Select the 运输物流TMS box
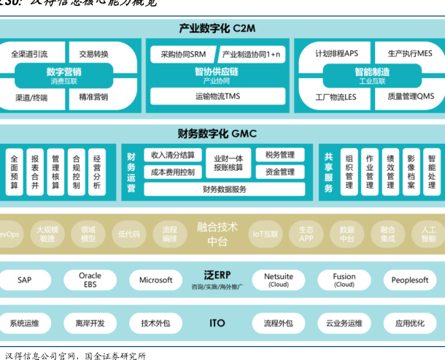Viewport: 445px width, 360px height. (217, 96)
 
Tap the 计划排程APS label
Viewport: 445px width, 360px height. (336, 54)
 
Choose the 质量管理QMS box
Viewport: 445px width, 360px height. (410, 96)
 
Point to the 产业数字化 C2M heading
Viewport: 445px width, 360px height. (217, 28)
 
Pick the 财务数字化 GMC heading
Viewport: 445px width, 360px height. (217, 134)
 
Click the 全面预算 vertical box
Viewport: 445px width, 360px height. (14, 172)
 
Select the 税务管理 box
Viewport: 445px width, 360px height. (280, 155)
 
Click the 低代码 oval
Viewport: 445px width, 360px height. (128, 234)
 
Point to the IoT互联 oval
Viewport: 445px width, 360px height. (266, 234)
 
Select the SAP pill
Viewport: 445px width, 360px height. (25, 280)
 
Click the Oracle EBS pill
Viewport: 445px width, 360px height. (90, 280)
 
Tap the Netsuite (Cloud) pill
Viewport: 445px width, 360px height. (279, 280)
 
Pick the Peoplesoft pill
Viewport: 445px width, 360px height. (409, 280)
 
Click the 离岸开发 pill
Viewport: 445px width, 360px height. (90, 323)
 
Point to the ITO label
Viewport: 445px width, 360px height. (217, 323)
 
